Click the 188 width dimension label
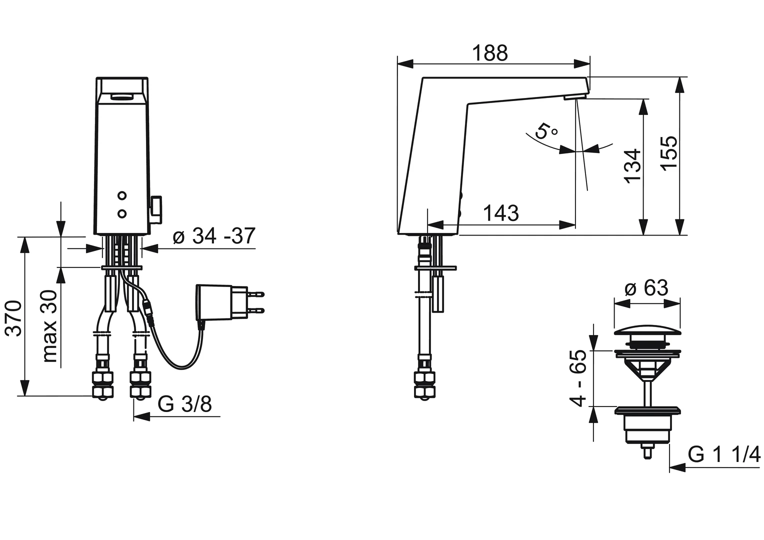tap(490, 53)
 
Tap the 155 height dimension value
tap(668, 153)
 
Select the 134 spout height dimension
tap(632, 166)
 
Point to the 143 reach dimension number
tap(501, 213)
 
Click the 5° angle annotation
tap(546, 130)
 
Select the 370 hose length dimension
tap(14, 318)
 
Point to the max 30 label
tap(49, 326)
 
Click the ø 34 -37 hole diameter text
tap(214, 235)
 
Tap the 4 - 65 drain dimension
tap(578, 378)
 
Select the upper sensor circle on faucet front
tap(122, 196)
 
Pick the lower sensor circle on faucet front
tap(122, 214)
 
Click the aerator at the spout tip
tap(575, 97)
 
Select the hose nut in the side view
tap(424, 384)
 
